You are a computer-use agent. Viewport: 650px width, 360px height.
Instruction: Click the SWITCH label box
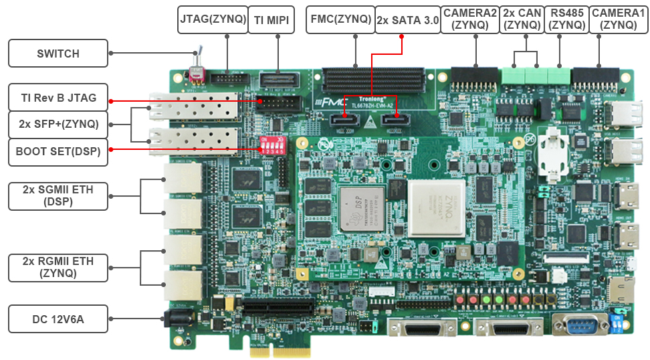[x=58, y=54]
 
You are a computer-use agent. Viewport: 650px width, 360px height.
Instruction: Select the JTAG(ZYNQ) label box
[x=213, y=20]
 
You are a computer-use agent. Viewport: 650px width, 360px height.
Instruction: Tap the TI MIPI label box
[x=272, y=20]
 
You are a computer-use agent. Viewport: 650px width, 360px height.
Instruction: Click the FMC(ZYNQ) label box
[x=340, y=19]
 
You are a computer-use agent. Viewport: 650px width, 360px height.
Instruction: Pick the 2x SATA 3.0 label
[x=407, y=20]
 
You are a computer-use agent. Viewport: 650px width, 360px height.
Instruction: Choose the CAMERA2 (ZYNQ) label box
[x=469, y=19]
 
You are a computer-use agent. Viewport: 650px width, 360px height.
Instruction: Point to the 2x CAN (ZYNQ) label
[x=522, y=19]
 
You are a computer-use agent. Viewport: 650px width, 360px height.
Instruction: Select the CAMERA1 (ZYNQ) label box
[x=619, y=19]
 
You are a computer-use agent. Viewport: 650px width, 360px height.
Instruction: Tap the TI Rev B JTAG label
[x=58, y=98]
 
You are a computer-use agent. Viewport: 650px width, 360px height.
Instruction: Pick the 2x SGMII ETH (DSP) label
[x=58, y=195]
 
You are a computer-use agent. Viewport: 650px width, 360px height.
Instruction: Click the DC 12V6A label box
[x=58, y=319]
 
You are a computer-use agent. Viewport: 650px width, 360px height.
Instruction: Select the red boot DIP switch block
[x=272, y=147]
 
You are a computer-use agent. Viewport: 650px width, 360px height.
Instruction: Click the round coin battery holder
[x=552, y=150]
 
